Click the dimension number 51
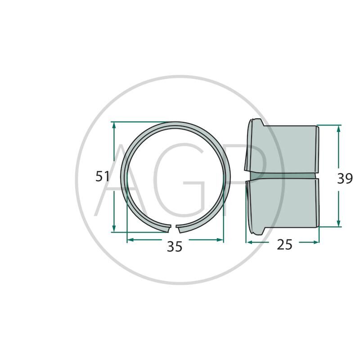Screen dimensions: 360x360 (103, 176)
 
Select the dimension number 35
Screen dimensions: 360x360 (175, 247)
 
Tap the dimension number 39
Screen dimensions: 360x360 (345, 178)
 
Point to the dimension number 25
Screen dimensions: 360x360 (285, 244)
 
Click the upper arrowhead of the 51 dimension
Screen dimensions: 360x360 (114, 125)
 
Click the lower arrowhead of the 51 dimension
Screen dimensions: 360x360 (114, 229)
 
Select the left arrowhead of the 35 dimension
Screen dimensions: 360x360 (130, 240)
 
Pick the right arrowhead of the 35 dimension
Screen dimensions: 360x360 (220, 240)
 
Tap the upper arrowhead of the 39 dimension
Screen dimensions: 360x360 (338, 129)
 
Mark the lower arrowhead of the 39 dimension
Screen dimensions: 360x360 (338, 223)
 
